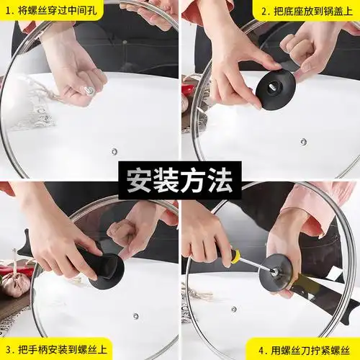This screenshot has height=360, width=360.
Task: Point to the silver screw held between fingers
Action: [x=89, y=90]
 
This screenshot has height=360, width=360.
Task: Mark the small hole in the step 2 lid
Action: [x=303, y=141]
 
